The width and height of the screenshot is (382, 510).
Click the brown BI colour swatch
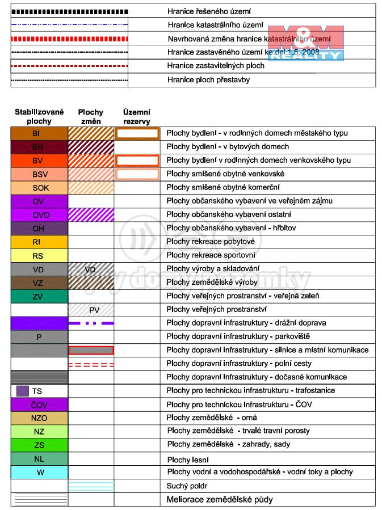[x=39, y=133]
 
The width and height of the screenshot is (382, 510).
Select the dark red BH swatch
[x=39, y=147]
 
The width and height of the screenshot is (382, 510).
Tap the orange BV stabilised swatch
[x=39, y=161]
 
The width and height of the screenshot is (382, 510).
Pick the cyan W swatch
[x=39, y=472]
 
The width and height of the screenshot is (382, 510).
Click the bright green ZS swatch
[x=39, y=445]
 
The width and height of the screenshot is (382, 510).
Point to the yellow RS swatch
[x=39, y=255]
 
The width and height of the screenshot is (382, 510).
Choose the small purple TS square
[x=22, y=391]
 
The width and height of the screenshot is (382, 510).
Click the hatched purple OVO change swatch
[x=91, y=214]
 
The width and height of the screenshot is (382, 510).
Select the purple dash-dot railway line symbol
[x=91, y=323]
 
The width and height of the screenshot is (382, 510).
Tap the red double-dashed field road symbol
[x=91, y=364]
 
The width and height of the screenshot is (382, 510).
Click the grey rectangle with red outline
[x=91, y=350]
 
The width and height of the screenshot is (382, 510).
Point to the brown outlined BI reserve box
[x=137, y=133]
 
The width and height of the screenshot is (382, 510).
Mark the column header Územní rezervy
[x=137, y=117]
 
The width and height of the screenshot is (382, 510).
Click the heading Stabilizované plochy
[x=39, y=117]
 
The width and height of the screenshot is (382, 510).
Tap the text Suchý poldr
[x=187, y=486]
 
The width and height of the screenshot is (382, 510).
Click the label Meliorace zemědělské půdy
[x=219, y=500]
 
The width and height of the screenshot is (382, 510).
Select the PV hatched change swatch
[x=91, y=310]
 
